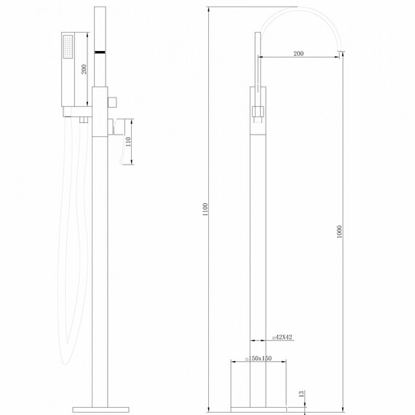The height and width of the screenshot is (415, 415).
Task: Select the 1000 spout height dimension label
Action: pyautogui.click(x=340, y=232)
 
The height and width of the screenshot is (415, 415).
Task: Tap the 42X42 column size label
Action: pyautogui.click(x=285, y=338)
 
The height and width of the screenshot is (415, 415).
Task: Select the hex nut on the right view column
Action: pyautogui.click(x=258, y=112)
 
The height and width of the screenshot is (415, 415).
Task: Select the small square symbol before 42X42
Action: pyautogui.click(x=273, y=338)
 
